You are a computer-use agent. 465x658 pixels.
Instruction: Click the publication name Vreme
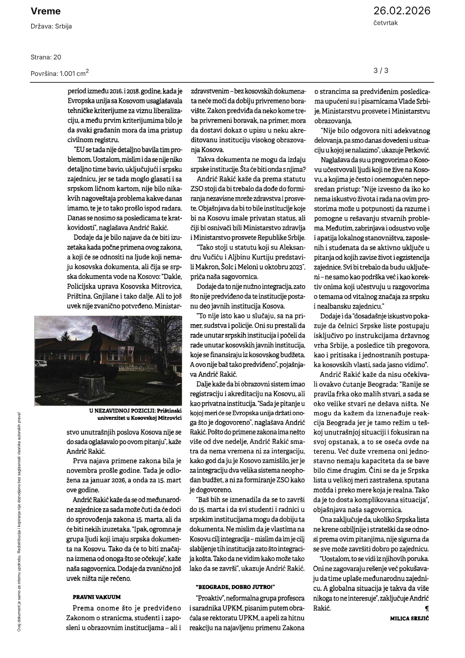pyautogui.click(x=46, y=12)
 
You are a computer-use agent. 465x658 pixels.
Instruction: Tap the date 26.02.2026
pyautogui.click(x=401, y=11)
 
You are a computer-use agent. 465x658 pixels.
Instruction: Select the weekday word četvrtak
pyautogui.click(x=386, y=23)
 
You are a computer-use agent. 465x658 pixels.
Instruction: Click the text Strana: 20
pyautogui.click(x=46, y=57)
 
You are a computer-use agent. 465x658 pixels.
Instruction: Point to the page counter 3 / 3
pyautogui.click(x=381, y=70)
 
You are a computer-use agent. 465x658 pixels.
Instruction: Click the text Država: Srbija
pyautogui.click(x=51, y=26)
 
